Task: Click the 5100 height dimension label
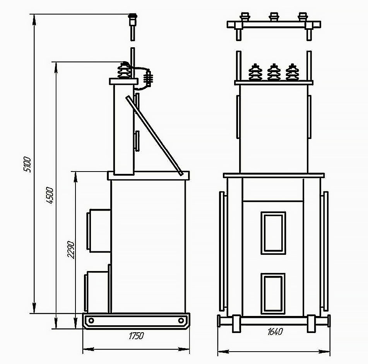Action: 27,165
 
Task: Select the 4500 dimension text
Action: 50,196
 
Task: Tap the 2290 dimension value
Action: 71,250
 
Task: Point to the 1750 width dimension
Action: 136,336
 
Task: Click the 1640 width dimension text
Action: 275,331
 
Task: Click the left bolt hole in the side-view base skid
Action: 91,320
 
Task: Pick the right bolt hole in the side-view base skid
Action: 181,320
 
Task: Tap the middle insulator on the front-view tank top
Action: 274,72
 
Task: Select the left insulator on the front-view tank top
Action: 255,72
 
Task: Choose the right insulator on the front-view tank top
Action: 292,72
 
